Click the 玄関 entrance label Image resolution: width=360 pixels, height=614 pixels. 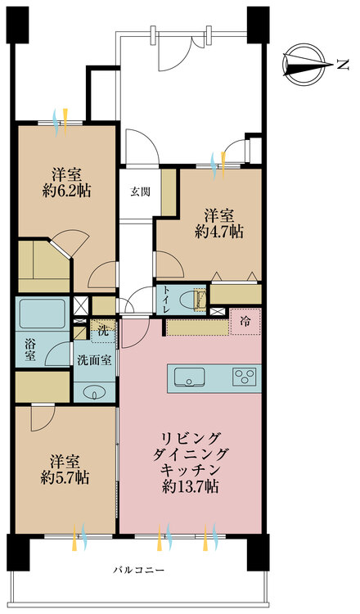coord(139,192)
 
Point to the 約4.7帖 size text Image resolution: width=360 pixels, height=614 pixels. coord(219,232)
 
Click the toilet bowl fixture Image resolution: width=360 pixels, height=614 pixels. coord(198,300)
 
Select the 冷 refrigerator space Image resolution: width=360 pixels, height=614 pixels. coord(245,321)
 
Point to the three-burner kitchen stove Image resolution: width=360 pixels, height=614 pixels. coord(244,377)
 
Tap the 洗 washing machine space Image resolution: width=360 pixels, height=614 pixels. coord(103,332)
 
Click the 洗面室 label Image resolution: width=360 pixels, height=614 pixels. coord(95,359)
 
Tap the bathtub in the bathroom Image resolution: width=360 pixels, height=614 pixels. coord(43,314)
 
